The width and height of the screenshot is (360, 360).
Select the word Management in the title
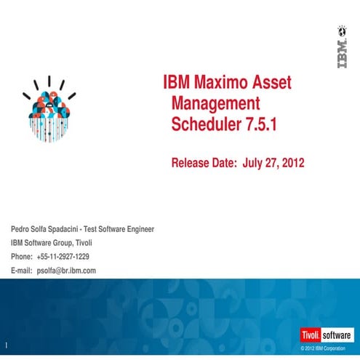point(215,103)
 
